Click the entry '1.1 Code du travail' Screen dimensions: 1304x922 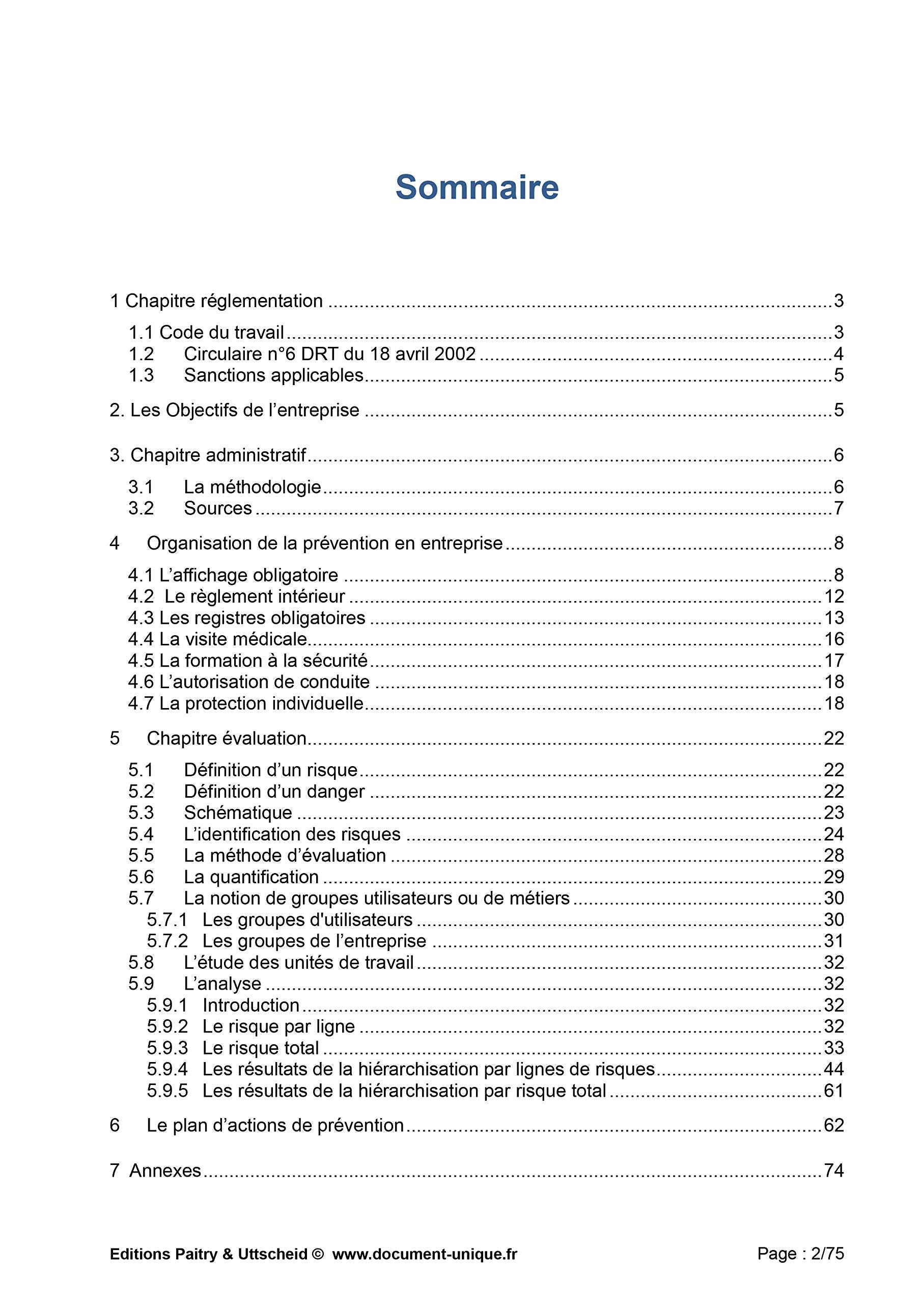click(206, 332)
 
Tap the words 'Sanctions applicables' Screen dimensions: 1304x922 click(274, 375)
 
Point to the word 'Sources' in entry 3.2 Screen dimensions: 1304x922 click(217, 508)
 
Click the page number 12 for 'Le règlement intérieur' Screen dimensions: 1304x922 click(833, 597)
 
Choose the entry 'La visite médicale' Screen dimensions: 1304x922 click(233, 639)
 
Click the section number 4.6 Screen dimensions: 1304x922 click(140, 682)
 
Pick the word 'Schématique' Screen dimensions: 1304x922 click(238, 813)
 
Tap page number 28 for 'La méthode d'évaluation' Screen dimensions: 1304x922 click(833, 855)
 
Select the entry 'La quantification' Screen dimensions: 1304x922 click(251, 877)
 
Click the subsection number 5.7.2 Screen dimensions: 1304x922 click(167, 941)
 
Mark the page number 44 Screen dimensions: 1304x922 click(833, 1070)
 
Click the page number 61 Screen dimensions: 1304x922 click(833, 1091)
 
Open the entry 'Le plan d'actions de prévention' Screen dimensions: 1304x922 click(275, 1126)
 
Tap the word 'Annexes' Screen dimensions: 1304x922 click(165, 1171)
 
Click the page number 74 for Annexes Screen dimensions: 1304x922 click(833, 1171)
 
